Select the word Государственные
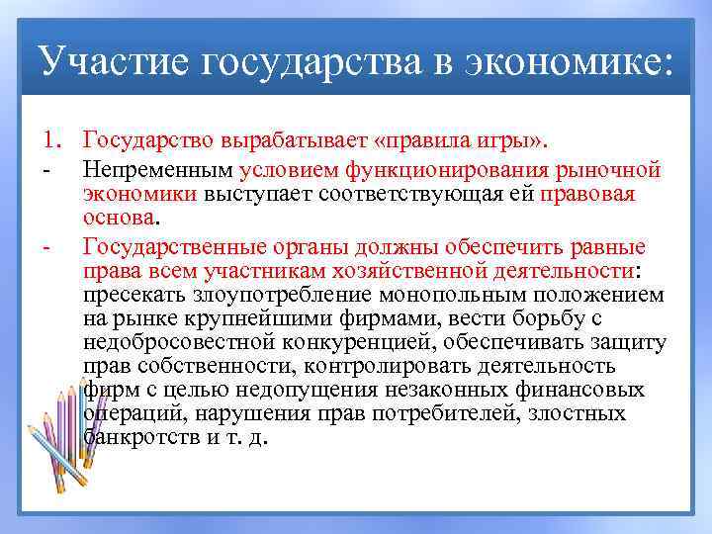tap(174, 245)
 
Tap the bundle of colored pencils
tap(64, 435)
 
